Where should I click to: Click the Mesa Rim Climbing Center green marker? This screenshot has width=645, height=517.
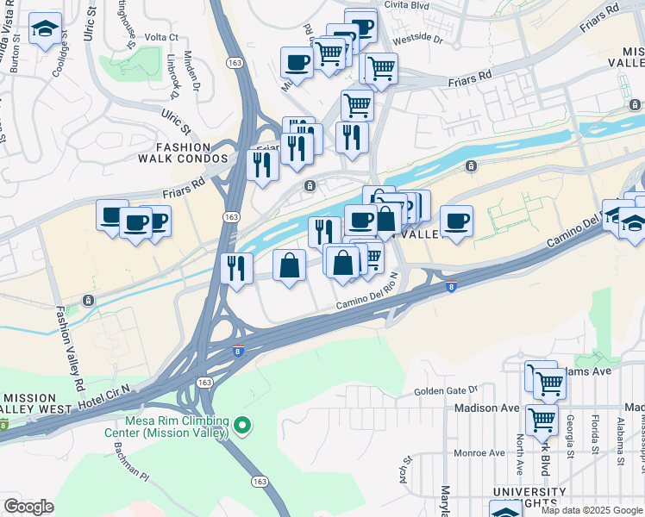click(243, 425)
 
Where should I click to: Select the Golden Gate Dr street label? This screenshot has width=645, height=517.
click(445, 390)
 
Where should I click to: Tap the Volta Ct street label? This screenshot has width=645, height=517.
click(160, 38)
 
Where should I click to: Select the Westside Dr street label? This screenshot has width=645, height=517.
click(416, 40)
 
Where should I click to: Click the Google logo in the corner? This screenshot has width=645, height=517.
click(28, 507)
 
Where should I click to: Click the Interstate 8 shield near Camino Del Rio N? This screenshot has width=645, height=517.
click(452, 287)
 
